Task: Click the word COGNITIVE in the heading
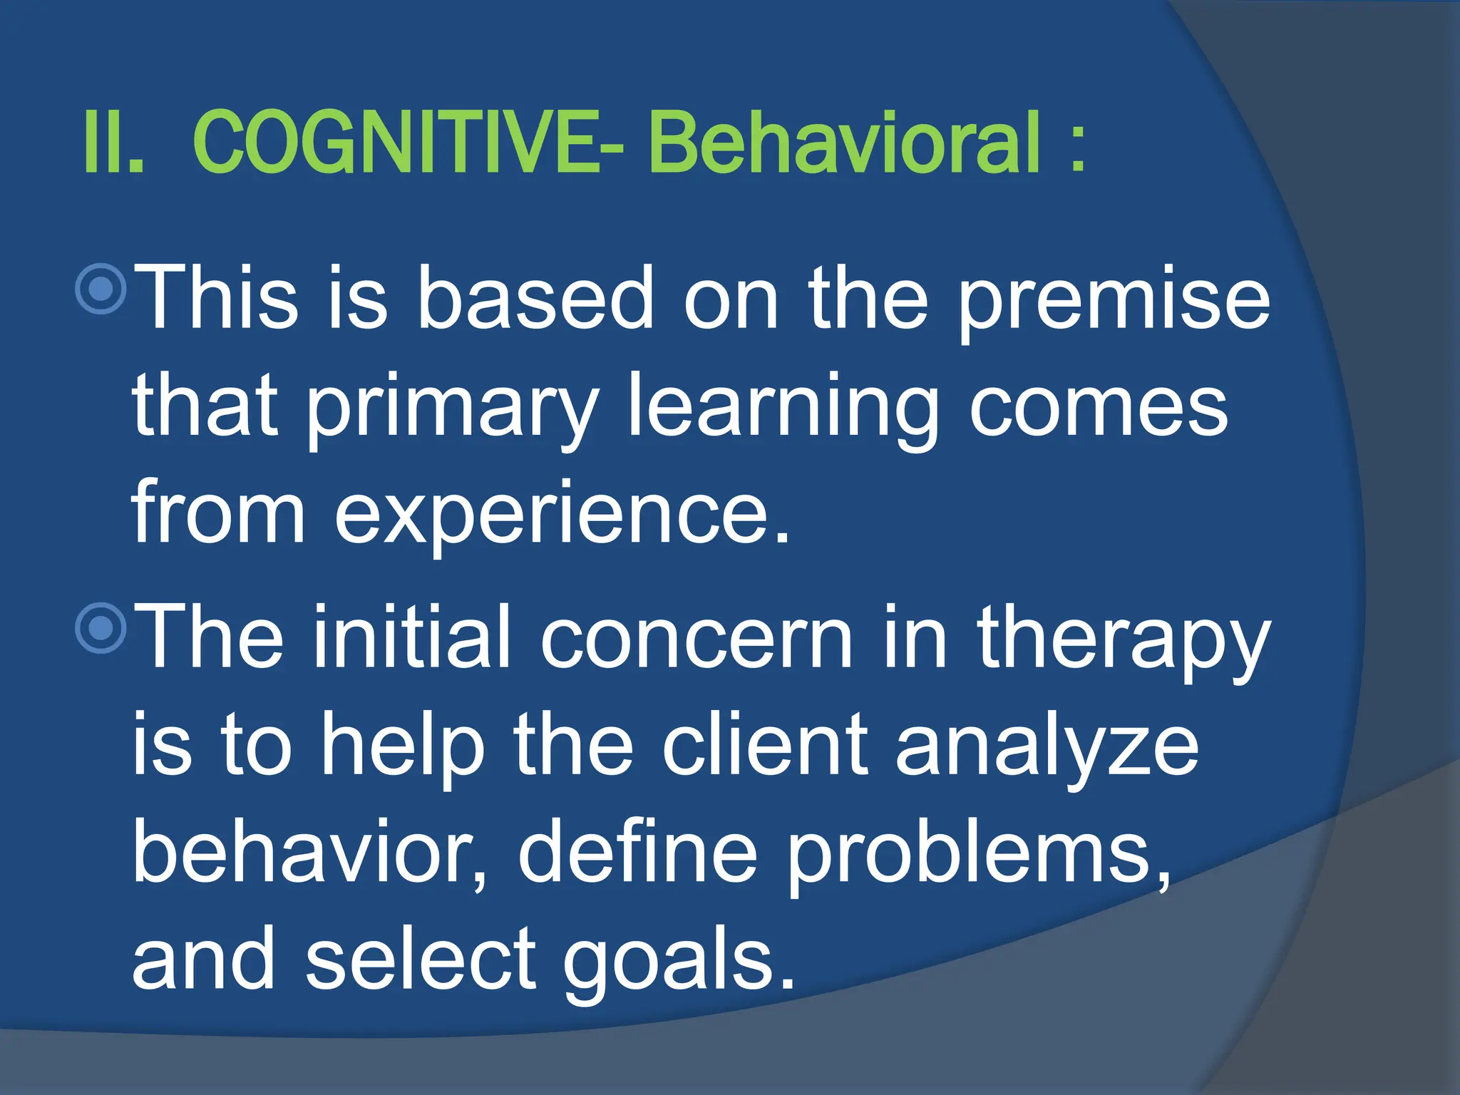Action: tap(399, 143)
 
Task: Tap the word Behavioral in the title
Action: tap(845, 143)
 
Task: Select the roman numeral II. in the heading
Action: tap(114, 143)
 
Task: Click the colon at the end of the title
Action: tap(1078, 146)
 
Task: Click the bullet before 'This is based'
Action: tap(101, 289)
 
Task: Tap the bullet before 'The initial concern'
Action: tap(101, 627)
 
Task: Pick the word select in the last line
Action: tap(421, 959)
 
